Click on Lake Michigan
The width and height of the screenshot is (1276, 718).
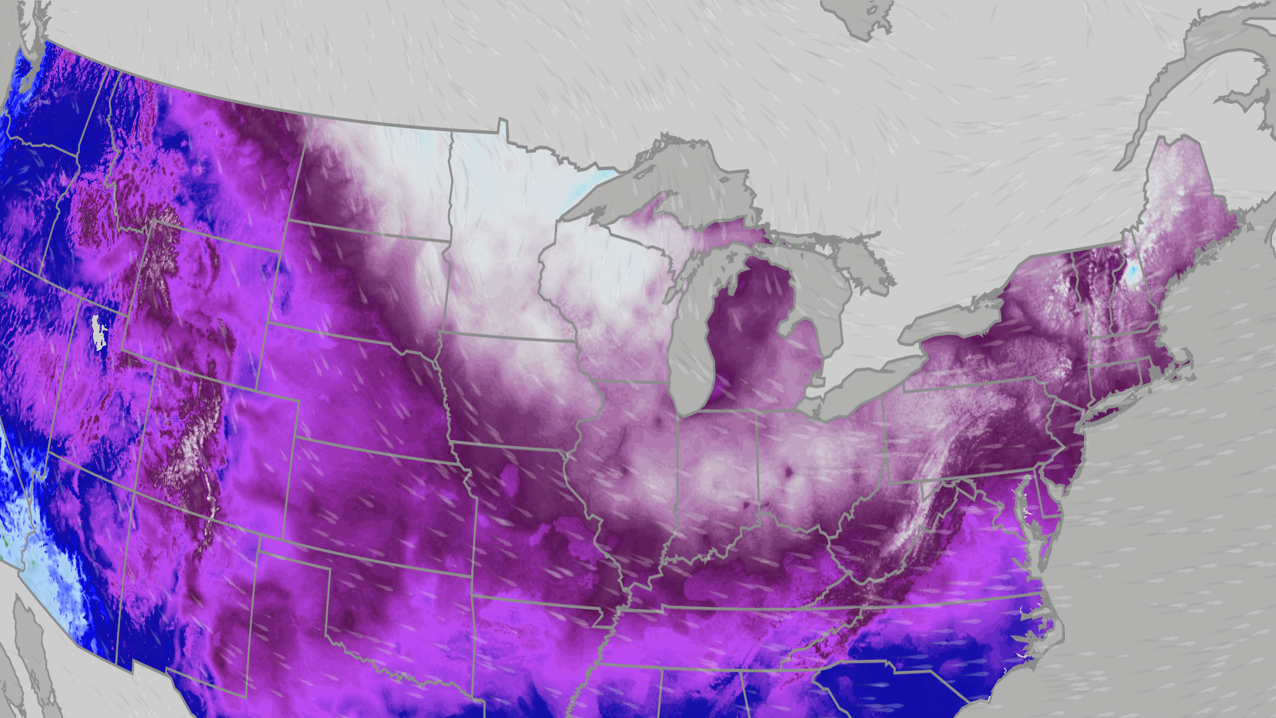(691, 346)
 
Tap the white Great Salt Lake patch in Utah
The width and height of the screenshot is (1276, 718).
(99, 332)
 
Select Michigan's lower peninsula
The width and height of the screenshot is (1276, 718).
(764, 332)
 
